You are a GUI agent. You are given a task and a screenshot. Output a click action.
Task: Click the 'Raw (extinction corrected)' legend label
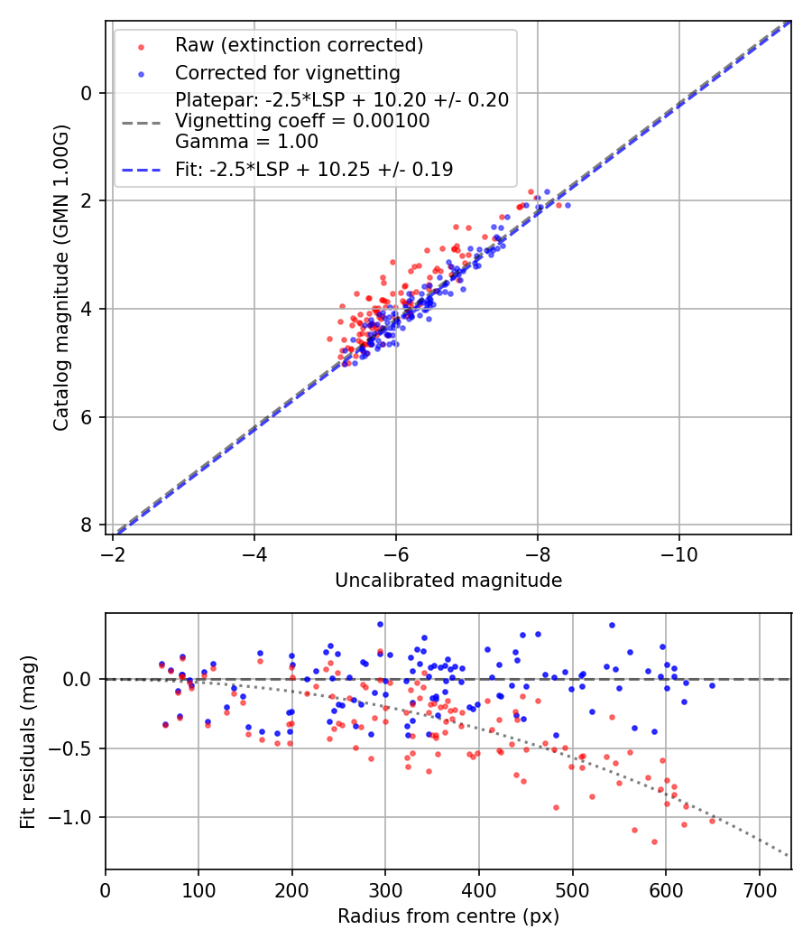pos(299,45)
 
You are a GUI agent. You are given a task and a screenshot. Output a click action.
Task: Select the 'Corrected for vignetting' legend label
pos(288,72)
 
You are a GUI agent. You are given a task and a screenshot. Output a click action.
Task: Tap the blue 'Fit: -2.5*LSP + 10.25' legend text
pos(314,169)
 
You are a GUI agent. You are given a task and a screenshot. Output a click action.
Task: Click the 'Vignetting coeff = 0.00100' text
pos(302,120)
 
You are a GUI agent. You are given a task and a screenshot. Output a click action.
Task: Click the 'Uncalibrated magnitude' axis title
pos(448,581)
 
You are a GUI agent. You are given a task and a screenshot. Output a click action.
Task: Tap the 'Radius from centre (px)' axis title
pos(448,916)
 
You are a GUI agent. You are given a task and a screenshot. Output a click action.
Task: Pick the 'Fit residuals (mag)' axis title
pos(29,741)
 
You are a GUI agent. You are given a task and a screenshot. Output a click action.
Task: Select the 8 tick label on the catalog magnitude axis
pos(87,525)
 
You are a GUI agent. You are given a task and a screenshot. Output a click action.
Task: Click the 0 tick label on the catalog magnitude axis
pos(87,93)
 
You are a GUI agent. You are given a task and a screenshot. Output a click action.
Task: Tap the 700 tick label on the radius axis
pos(759,890)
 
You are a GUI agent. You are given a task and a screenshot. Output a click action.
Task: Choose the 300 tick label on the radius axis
pos(385,890)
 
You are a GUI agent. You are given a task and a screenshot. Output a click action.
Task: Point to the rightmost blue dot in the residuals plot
pos(712,686)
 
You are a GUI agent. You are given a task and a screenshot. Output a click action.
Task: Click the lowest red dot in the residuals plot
pos(654,841)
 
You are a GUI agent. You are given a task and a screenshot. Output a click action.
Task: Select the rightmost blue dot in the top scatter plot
pos(567,205)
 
